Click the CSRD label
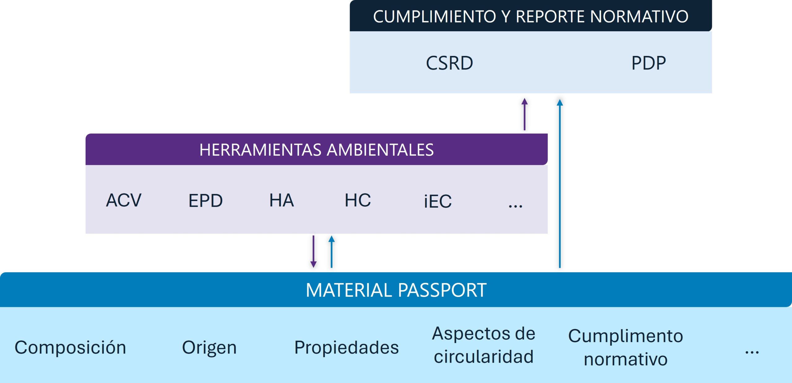(x=450, y=63)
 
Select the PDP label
(x=648, y=63)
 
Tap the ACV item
(x=124, y=200)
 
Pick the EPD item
(x=205, y=201)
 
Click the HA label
(x=282, y=200)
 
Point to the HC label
(x=358, y=200)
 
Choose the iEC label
(x=438, y=201)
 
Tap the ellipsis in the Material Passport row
(x=752, y=352)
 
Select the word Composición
(x=71, y=347)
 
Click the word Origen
(x=209, y=347)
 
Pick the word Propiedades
(x=346, y=347)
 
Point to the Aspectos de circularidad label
(x=484, y=345)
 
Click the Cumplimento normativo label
(x=626, y=347)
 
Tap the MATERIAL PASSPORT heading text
(x=396, y=290)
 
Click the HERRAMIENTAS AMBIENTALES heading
(x=316, y=150)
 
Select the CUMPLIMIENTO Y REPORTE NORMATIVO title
(x=531, y=16)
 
